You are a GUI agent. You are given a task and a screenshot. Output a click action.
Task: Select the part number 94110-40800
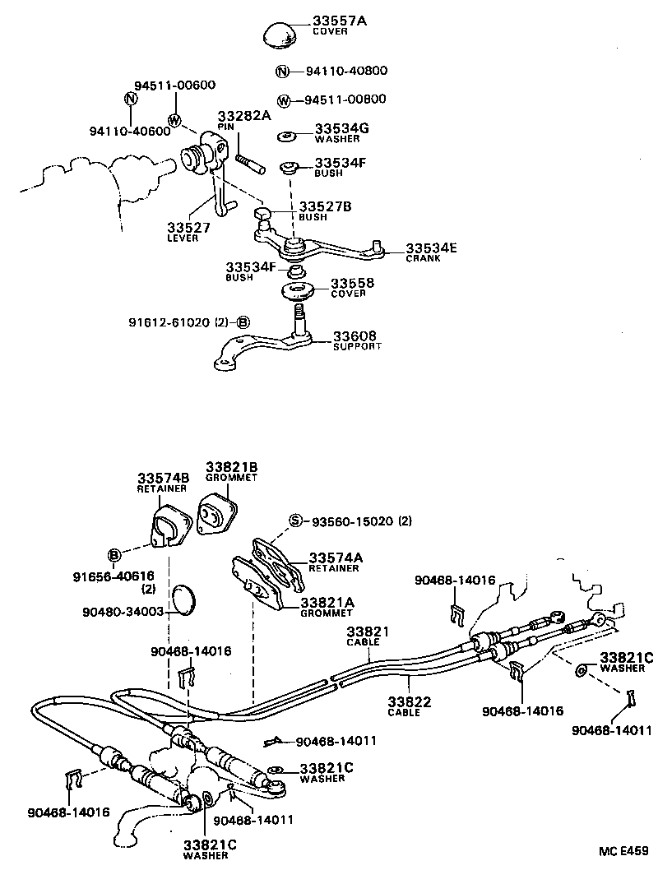pos(345,71)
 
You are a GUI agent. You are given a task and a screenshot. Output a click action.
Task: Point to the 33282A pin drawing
pos(248,157)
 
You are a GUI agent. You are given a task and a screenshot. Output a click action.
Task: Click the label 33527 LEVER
pos(189,232)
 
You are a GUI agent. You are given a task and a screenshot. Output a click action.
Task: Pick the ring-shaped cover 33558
pos(300,291)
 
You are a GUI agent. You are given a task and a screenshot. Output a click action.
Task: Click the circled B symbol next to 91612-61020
pos(243,322)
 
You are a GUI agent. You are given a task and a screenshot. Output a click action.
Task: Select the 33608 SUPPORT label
pos(357,340)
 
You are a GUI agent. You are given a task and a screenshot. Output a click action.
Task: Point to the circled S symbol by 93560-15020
pos(295,521)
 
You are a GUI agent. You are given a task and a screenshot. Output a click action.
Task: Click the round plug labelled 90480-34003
pos(185,599)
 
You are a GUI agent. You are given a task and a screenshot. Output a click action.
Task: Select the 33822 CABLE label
pos(404,706)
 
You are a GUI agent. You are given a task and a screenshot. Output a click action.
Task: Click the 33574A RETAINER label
pos(334,562)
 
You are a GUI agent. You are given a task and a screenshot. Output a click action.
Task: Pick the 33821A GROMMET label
pos(327,608)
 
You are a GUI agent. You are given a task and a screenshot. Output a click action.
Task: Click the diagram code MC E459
pos(623,849)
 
